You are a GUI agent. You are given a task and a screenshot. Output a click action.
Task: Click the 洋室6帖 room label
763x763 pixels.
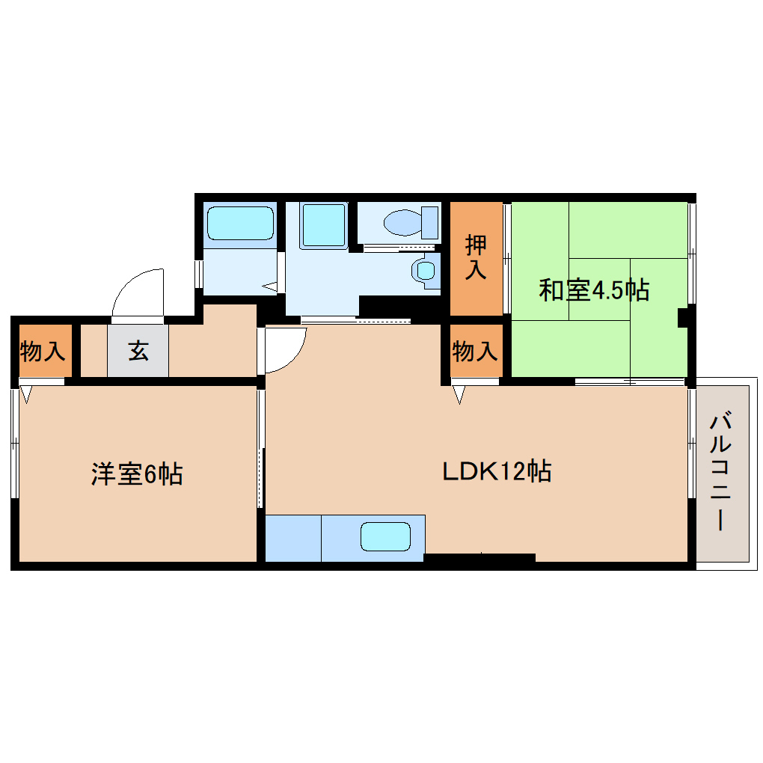[137, 474]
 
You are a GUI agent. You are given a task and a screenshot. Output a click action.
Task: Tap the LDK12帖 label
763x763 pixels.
[497, 471]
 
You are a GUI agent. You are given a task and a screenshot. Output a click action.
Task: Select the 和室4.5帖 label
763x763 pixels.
[594, 290]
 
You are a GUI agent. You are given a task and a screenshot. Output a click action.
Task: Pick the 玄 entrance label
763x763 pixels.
[138, 350]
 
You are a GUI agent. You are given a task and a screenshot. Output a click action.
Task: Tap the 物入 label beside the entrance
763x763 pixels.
[43, 350]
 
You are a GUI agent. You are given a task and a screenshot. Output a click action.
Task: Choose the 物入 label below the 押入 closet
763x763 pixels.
[475, 350]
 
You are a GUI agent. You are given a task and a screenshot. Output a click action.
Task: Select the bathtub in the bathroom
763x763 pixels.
[240, 221]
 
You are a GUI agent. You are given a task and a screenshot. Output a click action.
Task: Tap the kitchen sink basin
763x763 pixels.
[385, 537]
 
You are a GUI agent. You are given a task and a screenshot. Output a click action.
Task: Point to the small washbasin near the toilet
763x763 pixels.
[426, 271]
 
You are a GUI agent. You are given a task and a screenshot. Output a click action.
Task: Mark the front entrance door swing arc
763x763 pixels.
[137, 291]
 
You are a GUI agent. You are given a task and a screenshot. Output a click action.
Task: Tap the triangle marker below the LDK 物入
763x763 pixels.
[459, 392]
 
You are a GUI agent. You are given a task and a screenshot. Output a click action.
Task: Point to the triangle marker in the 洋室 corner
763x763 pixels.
[27, 392]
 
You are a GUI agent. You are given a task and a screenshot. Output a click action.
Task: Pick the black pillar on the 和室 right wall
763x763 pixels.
[682, 317]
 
